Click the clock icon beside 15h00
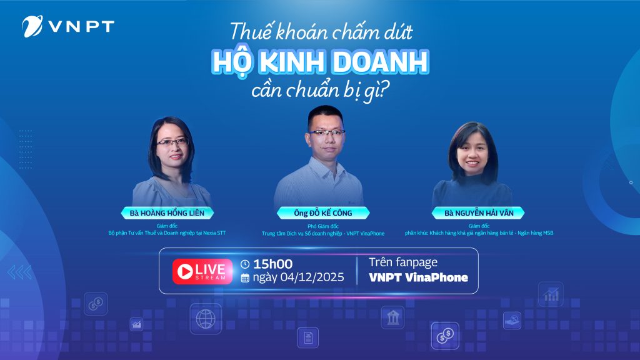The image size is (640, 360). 245,264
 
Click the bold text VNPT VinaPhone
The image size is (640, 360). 418,277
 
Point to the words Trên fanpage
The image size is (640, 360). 399,262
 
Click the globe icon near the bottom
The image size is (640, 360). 205,319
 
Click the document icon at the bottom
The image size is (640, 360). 307,337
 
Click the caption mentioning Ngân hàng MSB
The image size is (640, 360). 479,233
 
